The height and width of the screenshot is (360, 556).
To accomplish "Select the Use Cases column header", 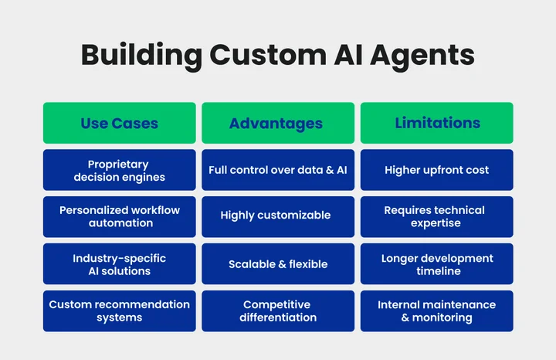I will pyautogui.click(x=119, y=123).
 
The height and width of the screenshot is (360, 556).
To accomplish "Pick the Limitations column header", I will pyautogui.click(x=437, y=123).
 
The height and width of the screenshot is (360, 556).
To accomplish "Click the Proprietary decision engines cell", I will pyautogui.click(x=119, y=170).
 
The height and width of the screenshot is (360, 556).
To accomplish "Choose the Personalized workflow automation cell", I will pyautogui.click(x=119, y=216).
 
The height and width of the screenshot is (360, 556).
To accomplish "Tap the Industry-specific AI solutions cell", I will pyautogui.click(x=119, y=264).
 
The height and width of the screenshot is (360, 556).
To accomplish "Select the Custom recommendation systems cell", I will pyautogui.click(x=119, y=311).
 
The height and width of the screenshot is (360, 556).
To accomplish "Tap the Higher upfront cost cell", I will pyautogui.click(x=437, y=170).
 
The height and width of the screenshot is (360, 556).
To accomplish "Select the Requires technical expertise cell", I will pyautogui.click(x=437, y=216).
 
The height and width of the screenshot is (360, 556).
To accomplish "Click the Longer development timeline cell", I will pyautogui.click(x=437, y=264).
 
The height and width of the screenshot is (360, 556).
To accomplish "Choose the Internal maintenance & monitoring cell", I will pyautogui.click(x=437, y=311).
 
